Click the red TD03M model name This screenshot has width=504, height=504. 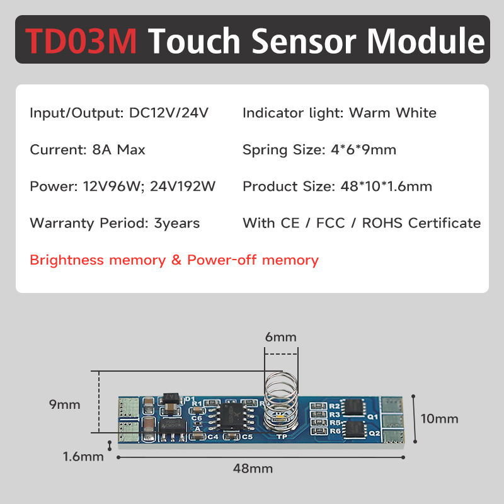(81, 40)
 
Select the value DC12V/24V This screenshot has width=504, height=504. (168, 113)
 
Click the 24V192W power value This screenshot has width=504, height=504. (183, 186)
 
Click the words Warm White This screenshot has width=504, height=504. (392, 113)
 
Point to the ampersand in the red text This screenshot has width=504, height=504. (176, 260)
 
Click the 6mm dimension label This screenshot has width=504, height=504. (280, 337)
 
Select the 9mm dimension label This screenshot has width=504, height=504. (65, 404)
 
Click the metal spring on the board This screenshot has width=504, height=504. (278, 397)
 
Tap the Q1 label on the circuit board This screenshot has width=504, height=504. (372, 416)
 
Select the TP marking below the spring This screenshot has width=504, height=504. (282, 436)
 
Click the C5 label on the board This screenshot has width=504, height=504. (247, 436)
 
